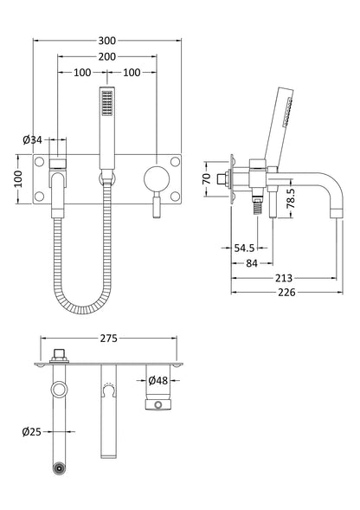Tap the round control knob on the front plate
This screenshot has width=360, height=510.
point(157,178)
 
